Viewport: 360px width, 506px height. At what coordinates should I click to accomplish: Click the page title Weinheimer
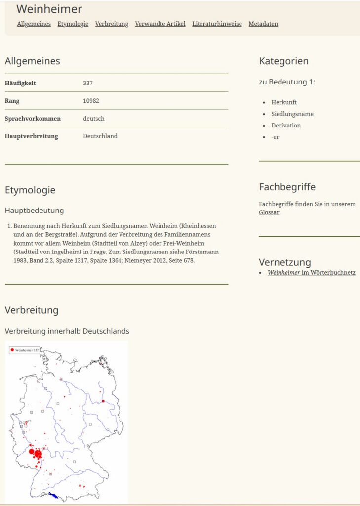[x=49, y=9]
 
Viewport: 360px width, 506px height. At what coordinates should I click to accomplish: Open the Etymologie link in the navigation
[x=73, y=24]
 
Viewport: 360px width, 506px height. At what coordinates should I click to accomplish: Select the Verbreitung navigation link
[x=112, y=24]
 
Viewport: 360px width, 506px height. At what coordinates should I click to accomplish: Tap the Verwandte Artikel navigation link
[x=160, y=24]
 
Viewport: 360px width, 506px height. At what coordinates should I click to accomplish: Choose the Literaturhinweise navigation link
[x=217, y=24]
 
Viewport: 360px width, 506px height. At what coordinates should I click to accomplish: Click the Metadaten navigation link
[x=263, y=24]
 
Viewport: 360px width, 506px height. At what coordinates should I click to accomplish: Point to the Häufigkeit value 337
[x=88, y=83]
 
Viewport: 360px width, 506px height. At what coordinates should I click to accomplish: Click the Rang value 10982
[x=91, y=101]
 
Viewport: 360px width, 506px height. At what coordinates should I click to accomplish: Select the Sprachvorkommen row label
[x=33, y=119]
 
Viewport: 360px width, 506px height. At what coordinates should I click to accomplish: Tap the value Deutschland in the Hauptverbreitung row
[x=100, y=136]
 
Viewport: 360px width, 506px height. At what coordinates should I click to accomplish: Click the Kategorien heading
[x=283, y=61]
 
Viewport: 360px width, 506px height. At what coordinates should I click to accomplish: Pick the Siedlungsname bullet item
[x=292, y=114]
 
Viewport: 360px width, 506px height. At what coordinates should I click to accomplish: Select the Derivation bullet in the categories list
[x=286, y=126]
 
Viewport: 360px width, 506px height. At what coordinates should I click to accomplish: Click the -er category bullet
[x=275, y=137]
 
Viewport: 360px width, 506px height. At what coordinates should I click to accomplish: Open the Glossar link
[x=269, y=212]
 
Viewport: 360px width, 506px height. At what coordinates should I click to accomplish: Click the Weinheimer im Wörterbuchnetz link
[x=311, y=273]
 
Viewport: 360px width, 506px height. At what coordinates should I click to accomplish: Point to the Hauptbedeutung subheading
[x=34, y=211]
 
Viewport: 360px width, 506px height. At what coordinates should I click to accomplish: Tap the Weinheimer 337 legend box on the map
[x=24, y=350]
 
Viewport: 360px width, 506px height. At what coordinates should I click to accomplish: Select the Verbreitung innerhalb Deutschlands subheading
[x=67, y=331]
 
